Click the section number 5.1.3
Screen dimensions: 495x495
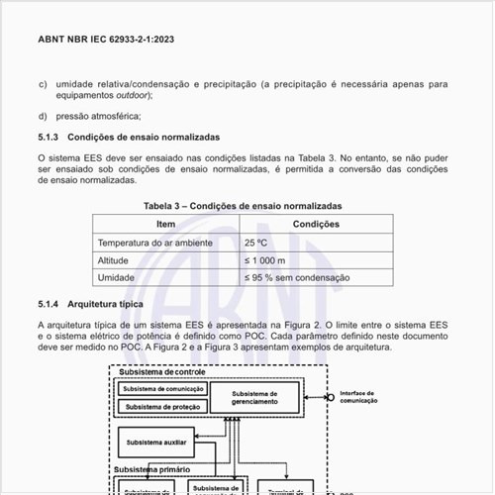point(49,137)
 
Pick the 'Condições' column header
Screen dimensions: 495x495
point(316,225)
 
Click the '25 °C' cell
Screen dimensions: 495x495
point(255,243)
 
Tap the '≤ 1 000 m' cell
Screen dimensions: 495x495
point(264,260)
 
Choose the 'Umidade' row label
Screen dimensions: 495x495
point(115,278)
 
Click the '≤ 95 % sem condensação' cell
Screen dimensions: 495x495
point(296,278)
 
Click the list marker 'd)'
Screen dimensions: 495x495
point(43,116)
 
